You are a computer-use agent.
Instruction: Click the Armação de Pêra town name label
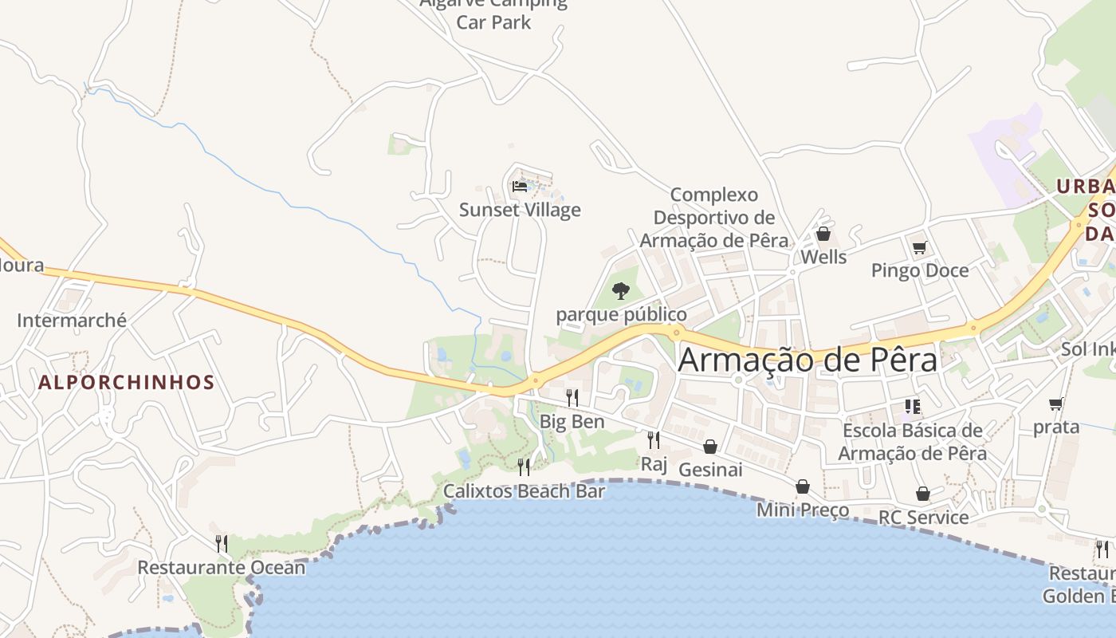click(808, 360)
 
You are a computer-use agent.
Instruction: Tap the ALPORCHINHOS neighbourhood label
click(127, 382)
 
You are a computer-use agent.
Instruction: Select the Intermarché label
click(72, 321)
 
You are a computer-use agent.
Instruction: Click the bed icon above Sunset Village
click(520, 187)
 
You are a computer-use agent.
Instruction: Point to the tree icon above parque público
click(621, 291)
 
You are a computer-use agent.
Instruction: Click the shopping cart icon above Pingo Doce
click(919, 248)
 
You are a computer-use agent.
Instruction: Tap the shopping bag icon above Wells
click(823, 234)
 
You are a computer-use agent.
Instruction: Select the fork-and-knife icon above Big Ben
click(572, 397)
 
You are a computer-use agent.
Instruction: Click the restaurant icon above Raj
click(654, 439)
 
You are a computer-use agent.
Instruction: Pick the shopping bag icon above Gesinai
click(710, 447)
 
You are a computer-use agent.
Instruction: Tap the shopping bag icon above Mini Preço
click(803, 486)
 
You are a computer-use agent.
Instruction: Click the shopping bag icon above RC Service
click(923, 494)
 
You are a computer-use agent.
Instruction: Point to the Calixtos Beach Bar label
click(524, 490)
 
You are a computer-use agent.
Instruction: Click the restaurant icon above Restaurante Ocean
click(222, 544)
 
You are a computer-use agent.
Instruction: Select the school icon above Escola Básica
click(913, 408)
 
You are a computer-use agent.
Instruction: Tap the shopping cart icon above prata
click(1056, 404)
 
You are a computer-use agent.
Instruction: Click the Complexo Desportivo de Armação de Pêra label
click(714, 218)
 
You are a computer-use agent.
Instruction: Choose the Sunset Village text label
click(520, 210)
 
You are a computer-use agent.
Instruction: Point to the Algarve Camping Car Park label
click(493, 14)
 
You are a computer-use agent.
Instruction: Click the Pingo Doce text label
click(920, 270)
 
